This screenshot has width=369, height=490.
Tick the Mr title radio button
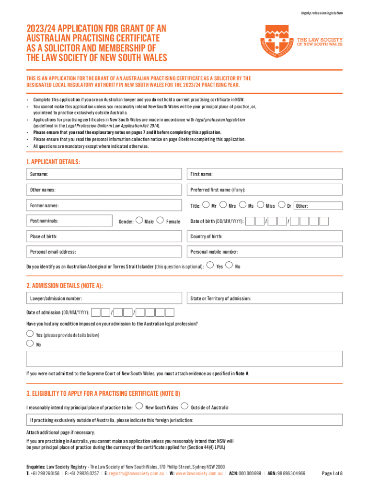(206, 205)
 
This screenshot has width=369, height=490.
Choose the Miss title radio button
(261, 205)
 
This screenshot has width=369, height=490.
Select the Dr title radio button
(281, 205)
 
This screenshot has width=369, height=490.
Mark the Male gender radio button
(138, 221)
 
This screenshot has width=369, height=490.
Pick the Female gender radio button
(160, 221)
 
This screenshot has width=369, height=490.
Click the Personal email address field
(105, 252)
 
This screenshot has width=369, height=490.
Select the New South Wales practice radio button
(139, 407)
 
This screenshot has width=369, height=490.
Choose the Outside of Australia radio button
(184, 407)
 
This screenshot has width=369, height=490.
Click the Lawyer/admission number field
(105, 299)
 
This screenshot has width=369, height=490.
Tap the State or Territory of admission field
(264, 299)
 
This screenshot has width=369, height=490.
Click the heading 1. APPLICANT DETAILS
(53, 162)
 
